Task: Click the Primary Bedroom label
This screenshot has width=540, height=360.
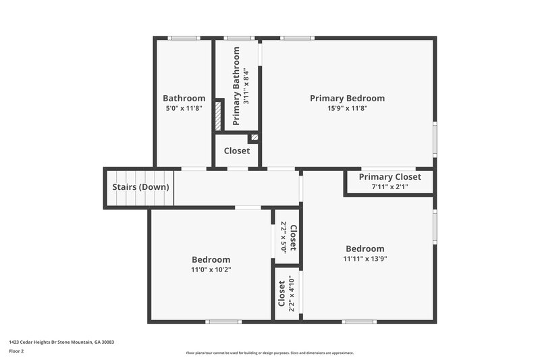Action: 347,98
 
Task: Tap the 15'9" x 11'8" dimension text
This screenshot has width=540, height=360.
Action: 347,108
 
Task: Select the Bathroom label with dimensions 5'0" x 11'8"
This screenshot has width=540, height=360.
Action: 184,98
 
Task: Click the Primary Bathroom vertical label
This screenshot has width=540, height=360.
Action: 237,86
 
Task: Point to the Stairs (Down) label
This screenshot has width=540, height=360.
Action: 140,187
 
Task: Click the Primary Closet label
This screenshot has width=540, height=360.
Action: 389,177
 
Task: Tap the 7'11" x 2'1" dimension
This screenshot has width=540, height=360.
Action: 389,186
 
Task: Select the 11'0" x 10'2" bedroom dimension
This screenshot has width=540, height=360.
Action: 211,269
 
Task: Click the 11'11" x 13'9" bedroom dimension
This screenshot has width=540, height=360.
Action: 364,259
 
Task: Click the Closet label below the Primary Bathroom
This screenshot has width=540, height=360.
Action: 236,151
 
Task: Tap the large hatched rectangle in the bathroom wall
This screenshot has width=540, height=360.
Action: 218,115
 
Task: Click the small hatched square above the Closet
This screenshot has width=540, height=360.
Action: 254,137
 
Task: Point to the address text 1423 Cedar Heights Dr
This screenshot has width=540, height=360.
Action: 61,342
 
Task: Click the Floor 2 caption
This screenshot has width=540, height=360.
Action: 17,351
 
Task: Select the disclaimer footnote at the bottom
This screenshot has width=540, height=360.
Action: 269,353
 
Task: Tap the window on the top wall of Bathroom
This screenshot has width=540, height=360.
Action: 184,38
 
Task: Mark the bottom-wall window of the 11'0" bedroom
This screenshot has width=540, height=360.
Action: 223,322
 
